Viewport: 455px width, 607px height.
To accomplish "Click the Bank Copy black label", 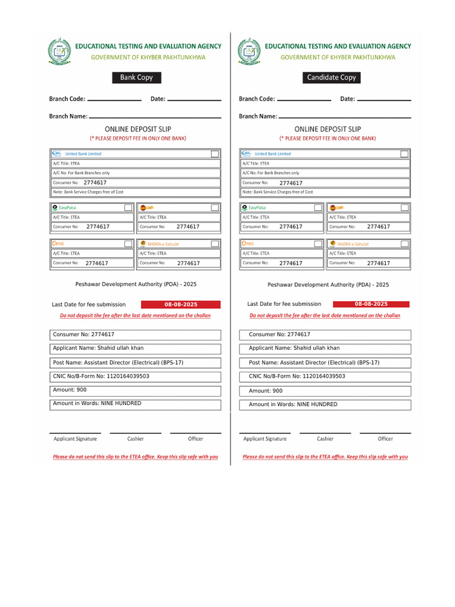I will [x=136, y=78].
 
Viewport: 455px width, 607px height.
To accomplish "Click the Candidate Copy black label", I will [x=331, y=78].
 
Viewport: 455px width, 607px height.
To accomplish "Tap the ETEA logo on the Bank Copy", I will [x=59, y=51].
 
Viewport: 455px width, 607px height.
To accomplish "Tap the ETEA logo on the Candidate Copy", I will [x=249, y=51].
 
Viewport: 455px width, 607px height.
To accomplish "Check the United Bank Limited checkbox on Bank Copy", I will [x=214, y=154].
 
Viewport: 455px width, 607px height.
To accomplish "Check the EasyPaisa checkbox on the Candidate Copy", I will [x=318, y=207].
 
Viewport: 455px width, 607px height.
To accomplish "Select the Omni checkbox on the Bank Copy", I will [x=128, y=244].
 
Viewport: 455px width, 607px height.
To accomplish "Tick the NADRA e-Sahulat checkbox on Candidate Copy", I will [x=404, y=244].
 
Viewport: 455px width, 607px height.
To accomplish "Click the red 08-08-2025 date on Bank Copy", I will [x=181, y=304].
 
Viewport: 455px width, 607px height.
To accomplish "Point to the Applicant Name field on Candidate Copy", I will [x=325, y=349].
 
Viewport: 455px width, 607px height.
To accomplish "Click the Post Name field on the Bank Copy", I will [x=135, y=362].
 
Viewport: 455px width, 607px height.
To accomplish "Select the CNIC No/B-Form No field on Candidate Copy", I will [x=325, y=376].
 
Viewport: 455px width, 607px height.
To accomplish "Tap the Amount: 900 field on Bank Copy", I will [x=135, y=390].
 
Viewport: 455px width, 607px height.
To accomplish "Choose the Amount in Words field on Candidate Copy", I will [x=325, y=404].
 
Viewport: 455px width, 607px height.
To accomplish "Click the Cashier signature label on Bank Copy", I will [x=136, y=439].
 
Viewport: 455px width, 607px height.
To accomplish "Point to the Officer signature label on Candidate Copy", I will [x=385, y=439].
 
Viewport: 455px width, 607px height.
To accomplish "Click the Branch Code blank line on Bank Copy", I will [x=114, y=100].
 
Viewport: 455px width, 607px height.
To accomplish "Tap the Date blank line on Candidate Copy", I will [x=384, y=100].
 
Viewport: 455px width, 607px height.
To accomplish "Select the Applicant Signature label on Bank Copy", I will [x=75, y=439].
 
